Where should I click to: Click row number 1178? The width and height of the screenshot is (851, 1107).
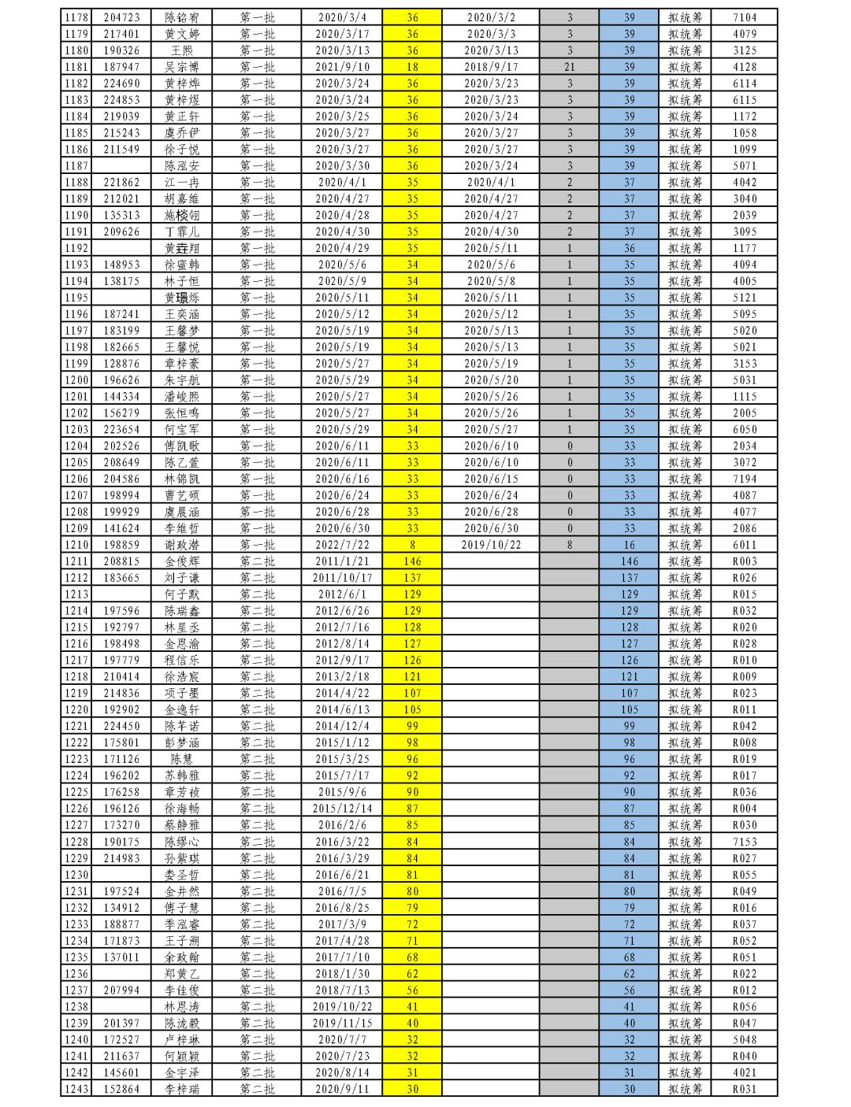point(76,17)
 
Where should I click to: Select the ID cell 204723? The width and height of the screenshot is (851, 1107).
point(121,17)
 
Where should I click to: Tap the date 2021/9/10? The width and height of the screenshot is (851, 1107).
point(342,67)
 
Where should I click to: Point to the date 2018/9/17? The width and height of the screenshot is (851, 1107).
point(491,67)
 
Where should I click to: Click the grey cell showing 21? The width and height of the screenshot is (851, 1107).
point(570,67)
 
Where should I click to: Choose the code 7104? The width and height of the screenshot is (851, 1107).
point(745,17)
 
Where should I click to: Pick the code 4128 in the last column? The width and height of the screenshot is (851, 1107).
point(745,67)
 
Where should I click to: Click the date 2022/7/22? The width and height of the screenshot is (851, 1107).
point(342,545)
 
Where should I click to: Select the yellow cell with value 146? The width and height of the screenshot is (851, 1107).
point(412,561)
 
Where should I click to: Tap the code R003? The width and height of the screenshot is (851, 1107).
point(745,561)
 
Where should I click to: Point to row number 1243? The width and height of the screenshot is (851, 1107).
point(76,1089)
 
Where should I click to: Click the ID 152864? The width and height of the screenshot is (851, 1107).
point(121,1089)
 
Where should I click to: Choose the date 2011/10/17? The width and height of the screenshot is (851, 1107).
point(342,578)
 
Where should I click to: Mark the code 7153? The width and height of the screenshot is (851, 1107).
point(745,842)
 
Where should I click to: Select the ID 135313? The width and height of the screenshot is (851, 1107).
point(121,215)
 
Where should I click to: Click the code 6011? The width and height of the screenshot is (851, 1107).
point(745,545)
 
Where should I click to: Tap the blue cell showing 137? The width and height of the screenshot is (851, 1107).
point(629,578)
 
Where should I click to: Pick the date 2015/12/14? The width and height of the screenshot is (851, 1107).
point(342,809)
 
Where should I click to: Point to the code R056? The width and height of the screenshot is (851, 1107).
point(745,1006)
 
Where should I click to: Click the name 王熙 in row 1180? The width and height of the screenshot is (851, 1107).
point(181,50)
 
